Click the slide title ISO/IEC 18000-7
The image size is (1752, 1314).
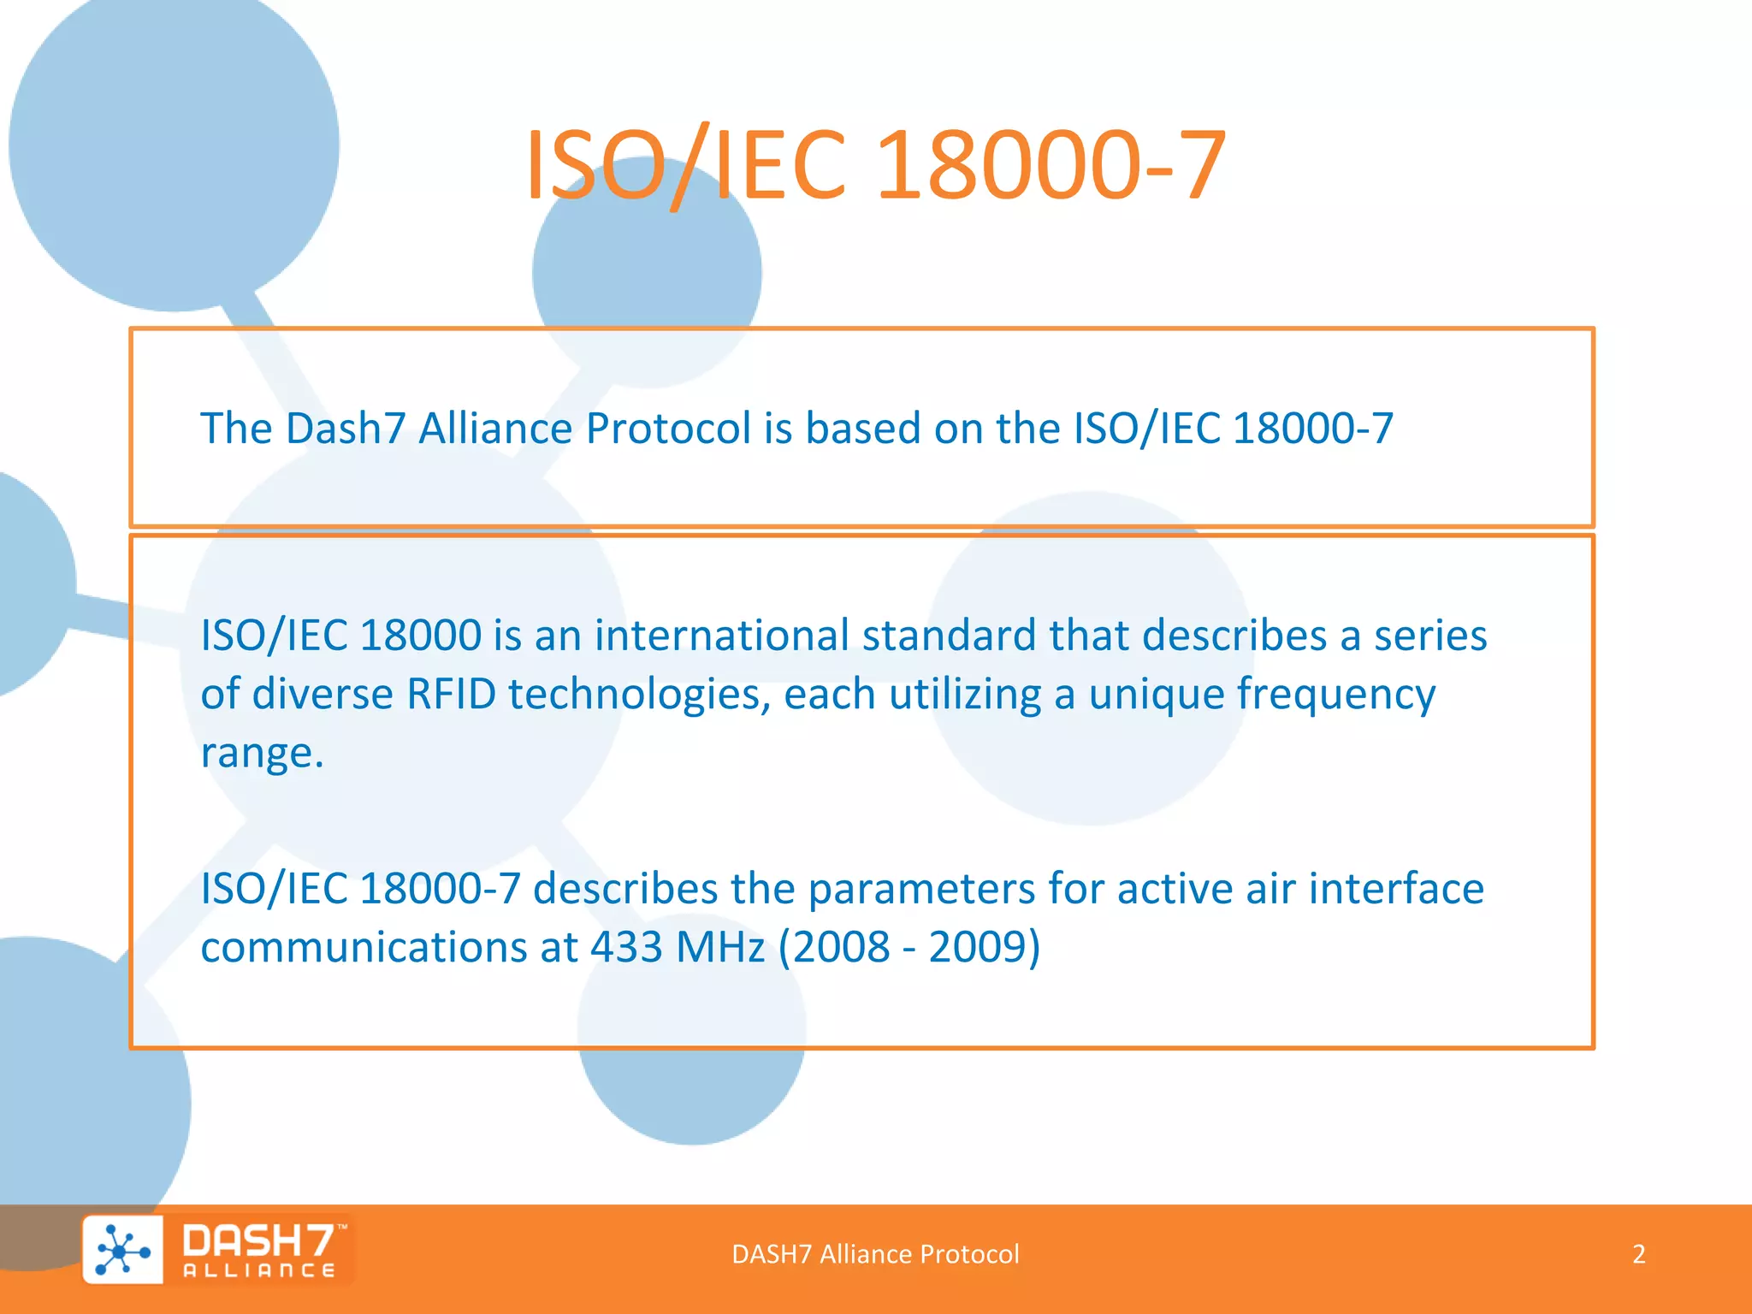pos(875,164)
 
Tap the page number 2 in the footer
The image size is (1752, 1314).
pos(1638,1254)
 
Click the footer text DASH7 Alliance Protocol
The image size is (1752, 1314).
pos(875,1254)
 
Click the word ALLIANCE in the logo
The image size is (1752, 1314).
pos(259,1271)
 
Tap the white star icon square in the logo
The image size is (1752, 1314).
pos(123,1251)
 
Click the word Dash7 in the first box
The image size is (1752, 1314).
pos(345,429)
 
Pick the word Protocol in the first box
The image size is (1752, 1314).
pos(668,429)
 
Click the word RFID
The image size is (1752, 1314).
pos(451,694)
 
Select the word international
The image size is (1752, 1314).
pos(722,636)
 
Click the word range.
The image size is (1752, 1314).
pos(260,754)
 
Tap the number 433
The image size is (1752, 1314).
pos(626,947)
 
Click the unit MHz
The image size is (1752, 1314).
pos(720,947)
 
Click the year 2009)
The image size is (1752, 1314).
pos(985,947)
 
